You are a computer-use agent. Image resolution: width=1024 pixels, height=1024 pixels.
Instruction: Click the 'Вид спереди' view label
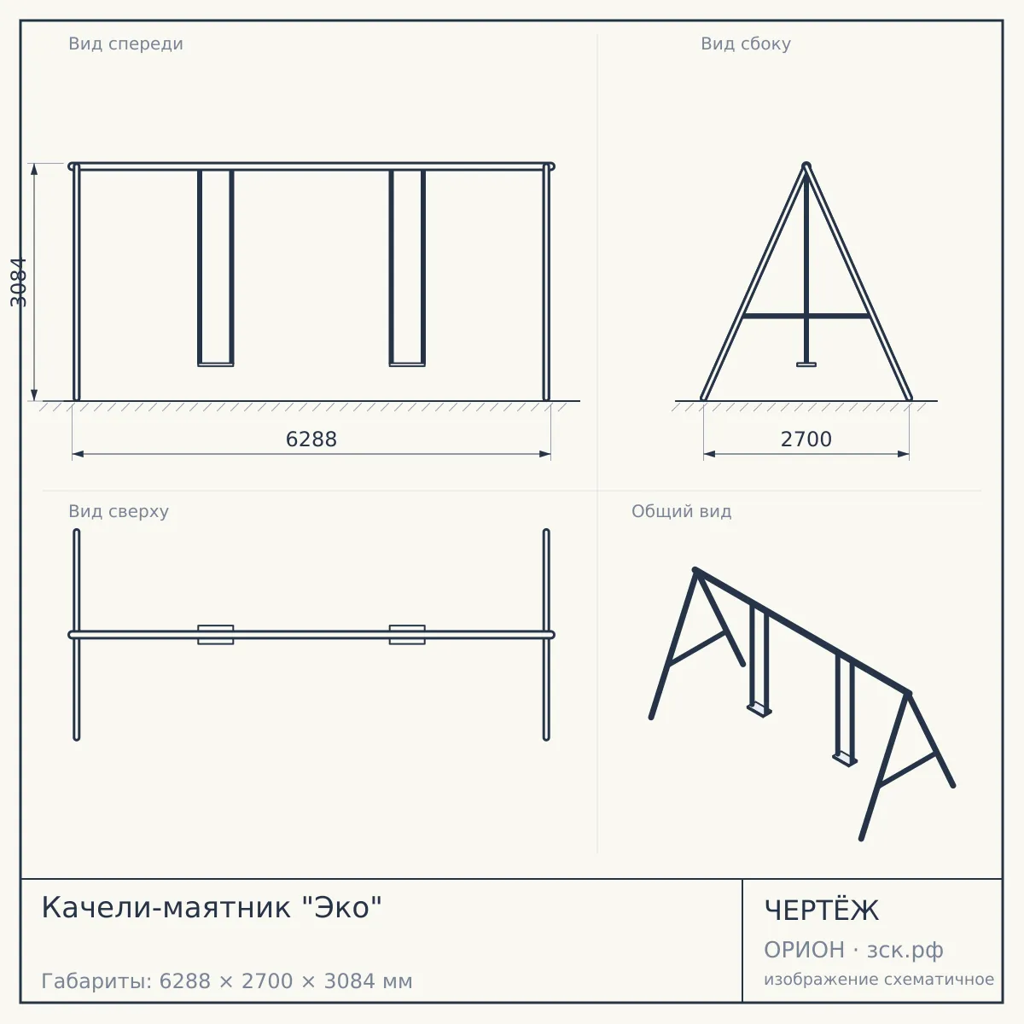(126, 44)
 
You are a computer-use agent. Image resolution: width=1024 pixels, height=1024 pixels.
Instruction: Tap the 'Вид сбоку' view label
(746, 44)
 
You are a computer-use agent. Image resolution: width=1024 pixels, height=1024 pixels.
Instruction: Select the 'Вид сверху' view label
(119, 511)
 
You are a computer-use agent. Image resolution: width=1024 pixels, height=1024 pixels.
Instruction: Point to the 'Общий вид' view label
(681, 511)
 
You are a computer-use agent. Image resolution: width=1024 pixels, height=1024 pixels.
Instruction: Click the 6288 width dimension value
(311, 439)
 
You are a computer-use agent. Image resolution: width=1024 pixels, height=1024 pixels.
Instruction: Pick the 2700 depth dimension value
(806, 439)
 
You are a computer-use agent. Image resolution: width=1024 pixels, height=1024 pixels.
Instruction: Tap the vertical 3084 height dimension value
(19, 282)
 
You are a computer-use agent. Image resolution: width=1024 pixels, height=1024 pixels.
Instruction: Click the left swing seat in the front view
(216, 364)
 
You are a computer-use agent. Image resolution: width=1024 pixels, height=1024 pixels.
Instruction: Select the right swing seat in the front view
(407, 364)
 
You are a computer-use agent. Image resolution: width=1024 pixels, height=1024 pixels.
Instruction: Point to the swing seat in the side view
(806, 364)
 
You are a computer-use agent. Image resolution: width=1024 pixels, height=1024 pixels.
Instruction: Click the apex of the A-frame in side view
(806, 166)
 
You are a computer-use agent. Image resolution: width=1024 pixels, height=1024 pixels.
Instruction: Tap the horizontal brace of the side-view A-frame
(806, 317)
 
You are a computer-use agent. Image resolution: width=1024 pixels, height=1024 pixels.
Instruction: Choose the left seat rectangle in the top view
(216, 635)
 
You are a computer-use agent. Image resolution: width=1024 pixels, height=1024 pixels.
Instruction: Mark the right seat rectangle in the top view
(407, 635)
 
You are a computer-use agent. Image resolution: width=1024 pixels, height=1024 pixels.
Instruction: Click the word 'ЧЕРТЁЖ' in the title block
(822, 911)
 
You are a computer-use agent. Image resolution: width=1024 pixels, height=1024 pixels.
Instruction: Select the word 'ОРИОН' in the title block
(804, 950)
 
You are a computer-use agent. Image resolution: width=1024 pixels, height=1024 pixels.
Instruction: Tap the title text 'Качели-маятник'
(166, 908)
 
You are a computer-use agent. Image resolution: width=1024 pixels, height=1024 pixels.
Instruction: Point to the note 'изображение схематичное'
(879, 979)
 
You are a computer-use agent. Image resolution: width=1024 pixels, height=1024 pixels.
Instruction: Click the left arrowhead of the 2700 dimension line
(709, 454)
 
